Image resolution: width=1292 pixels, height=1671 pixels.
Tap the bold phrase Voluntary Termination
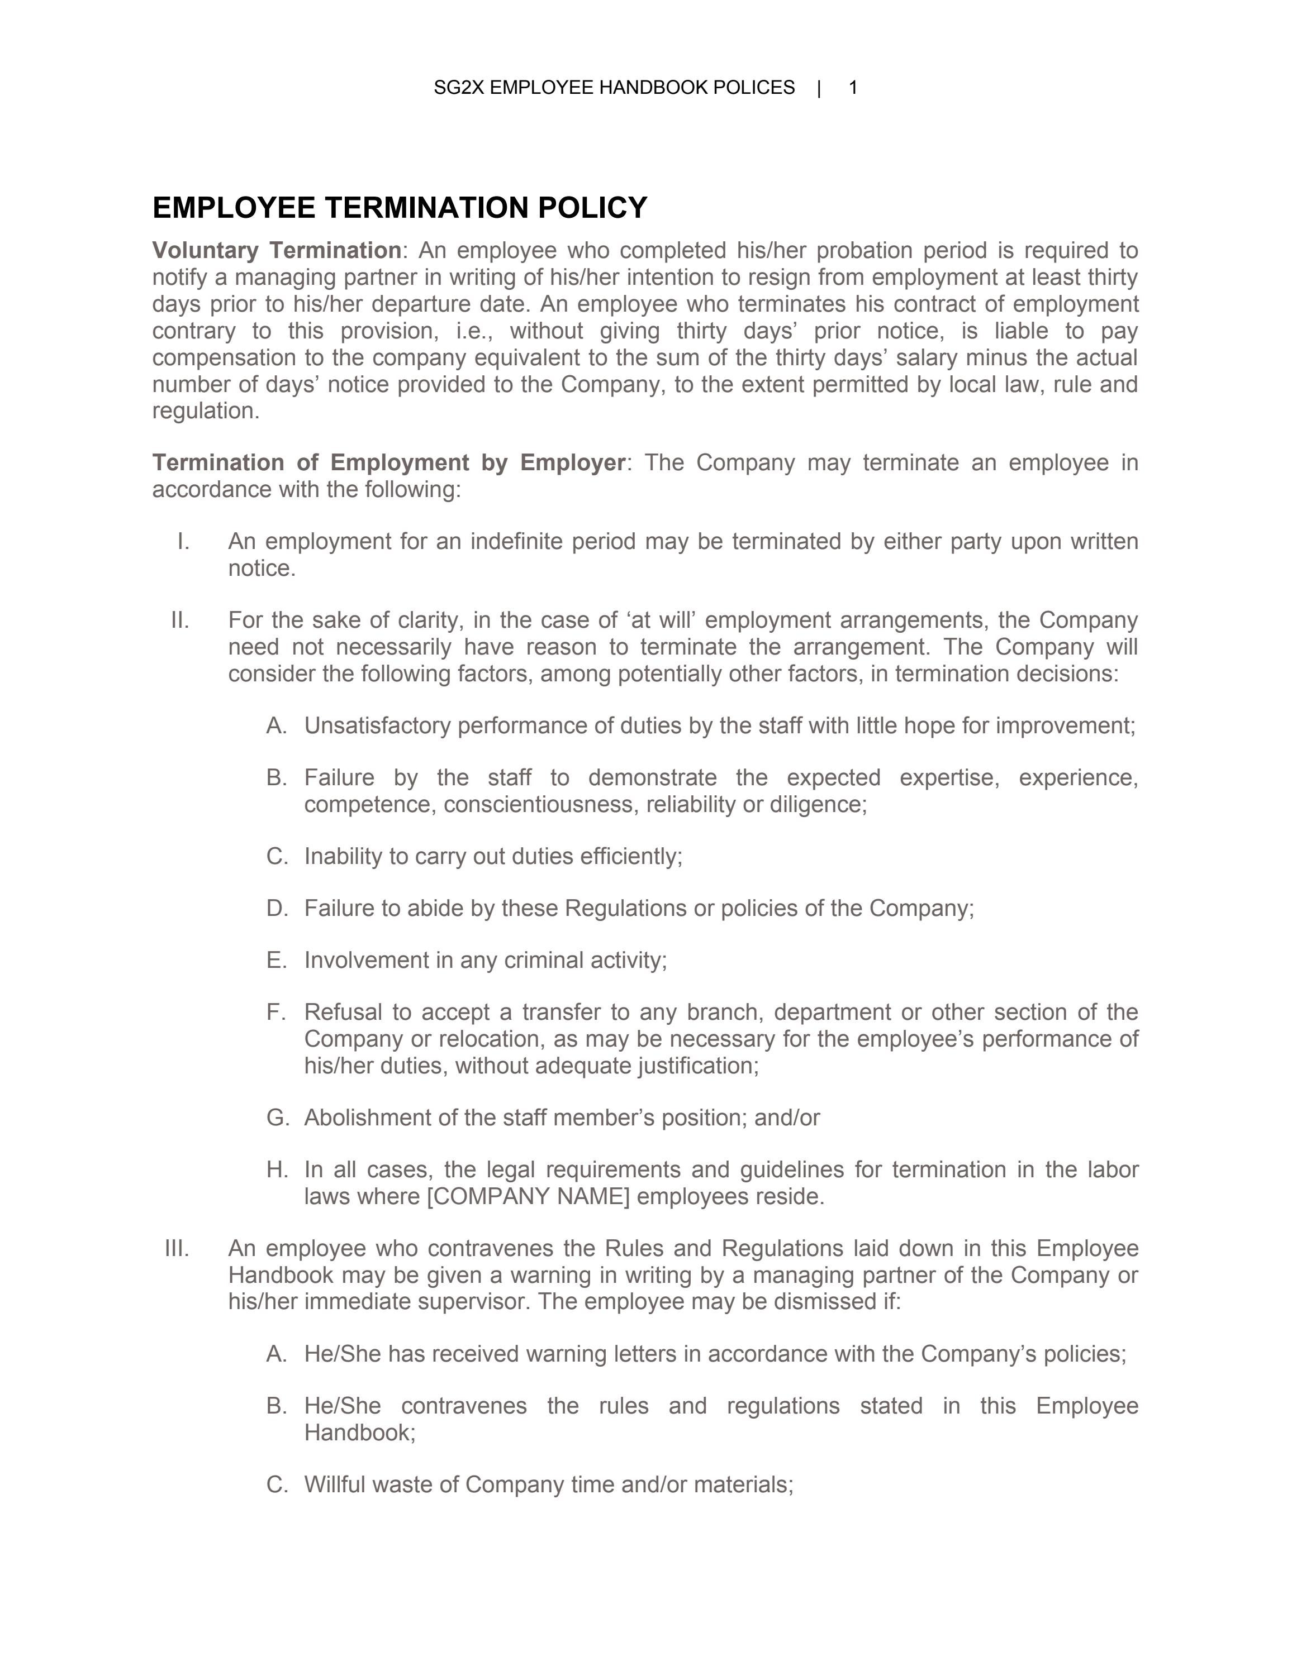click(276, 250)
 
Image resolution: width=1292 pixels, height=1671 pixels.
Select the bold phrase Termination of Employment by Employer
click(388, 462)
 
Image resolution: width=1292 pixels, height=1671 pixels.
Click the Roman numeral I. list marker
click(183, 542)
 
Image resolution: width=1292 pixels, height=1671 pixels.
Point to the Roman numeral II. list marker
click(180, 620)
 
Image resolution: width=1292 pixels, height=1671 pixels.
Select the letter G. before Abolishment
click(277, 1118)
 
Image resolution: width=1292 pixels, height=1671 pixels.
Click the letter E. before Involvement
click(276, 960)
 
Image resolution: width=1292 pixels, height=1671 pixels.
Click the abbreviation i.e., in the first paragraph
click(468, 331)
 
